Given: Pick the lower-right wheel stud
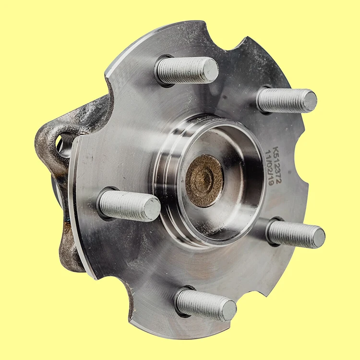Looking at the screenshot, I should [x=296, y=234].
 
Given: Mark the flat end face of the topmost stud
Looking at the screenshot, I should [x=210, y=70].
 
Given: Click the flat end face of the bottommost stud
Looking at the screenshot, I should [x=229, y=310].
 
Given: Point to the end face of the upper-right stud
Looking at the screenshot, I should [x=310, y=101].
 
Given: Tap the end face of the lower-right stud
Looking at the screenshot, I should [x=317, y=238].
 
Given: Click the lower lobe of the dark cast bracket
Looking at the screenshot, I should [x=67, y=250].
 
